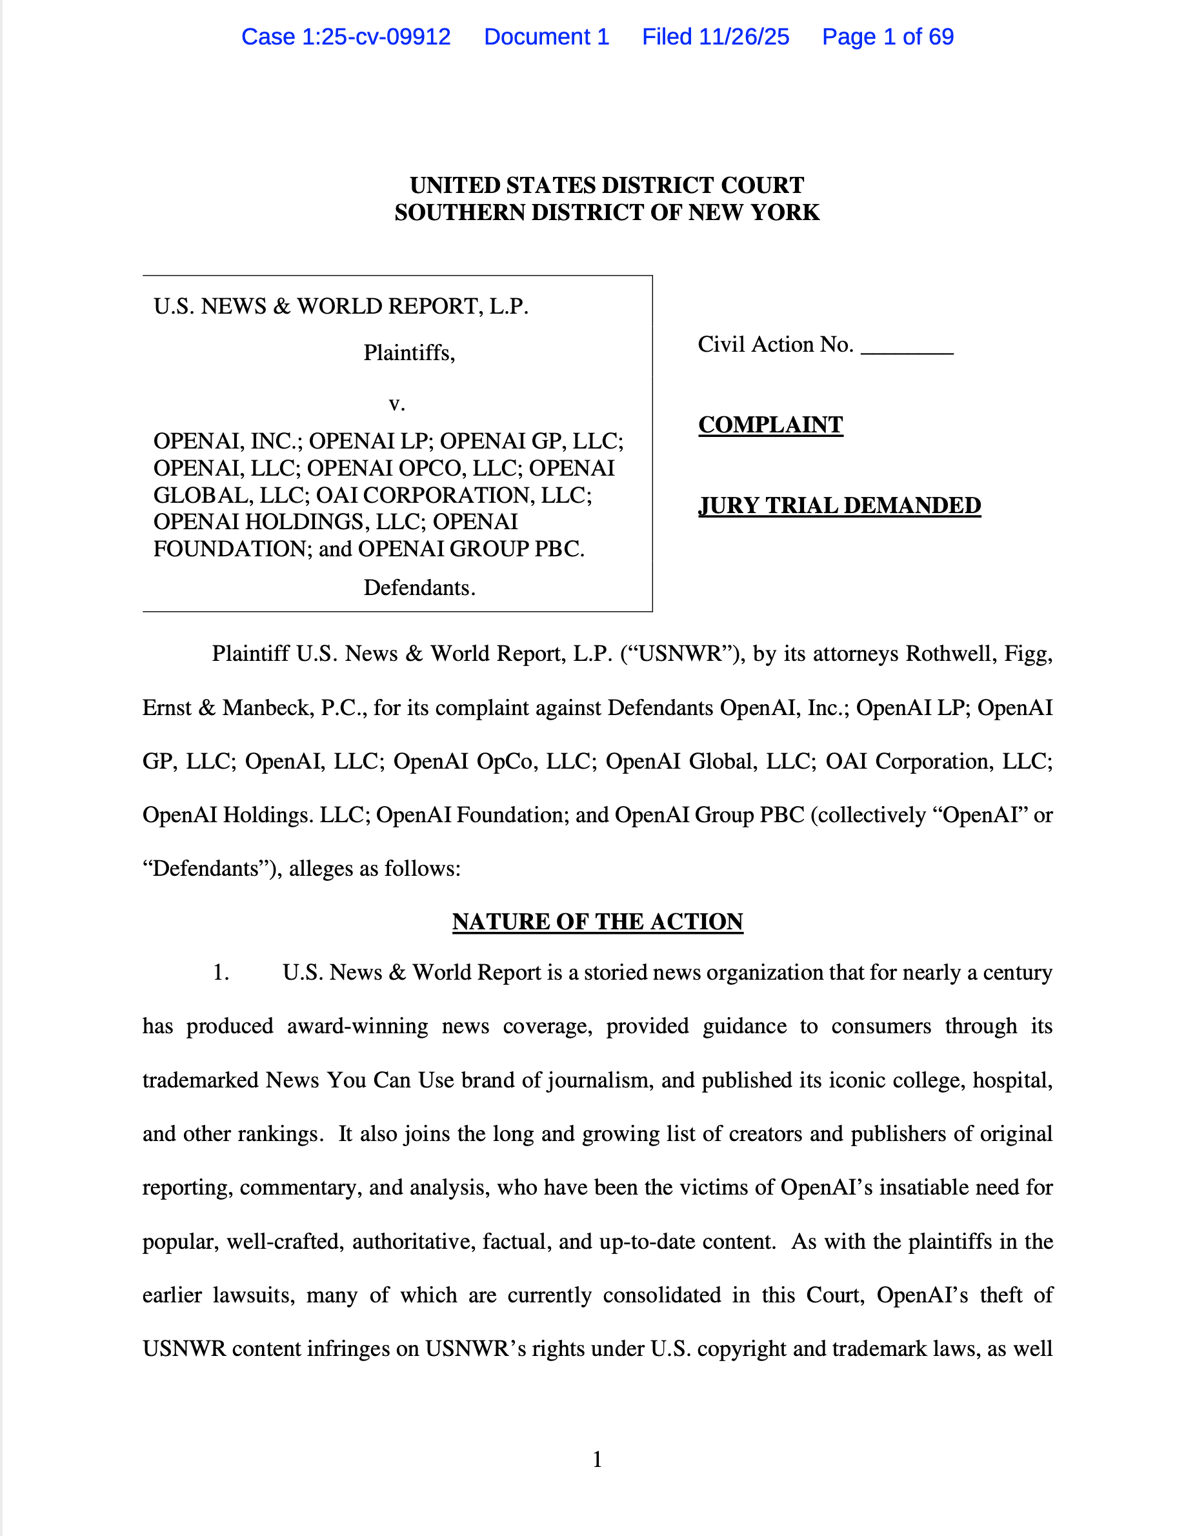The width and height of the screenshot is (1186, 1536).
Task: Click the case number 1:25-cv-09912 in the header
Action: coord(376,37)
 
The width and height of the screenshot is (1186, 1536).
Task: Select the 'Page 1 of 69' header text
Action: coord(887,37)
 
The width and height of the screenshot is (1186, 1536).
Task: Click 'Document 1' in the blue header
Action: coord(547,37)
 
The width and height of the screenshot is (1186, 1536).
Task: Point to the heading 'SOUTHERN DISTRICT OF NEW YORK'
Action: coord(607,212)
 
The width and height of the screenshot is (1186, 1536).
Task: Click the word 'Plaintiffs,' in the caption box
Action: coord(409,352)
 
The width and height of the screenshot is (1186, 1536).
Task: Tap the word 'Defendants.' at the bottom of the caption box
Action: coord(419,587)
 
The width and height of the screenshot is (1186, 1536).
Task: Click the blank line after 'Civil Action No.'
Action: coord(906,346)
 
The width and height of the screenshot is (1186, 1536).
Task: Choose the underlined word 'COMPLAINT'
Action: coord(770,425)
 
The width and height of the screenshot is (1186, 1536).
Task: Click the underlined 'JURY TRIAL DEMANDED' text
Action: coord(839,506)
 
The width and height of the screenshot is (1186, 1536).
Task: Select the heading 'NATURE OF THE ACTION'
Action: coord(598,922)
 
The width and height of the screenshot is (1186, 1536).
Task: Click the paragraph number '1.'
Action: coord(221,973)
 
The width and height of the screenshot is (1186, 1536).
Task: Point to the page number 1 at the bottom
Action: coord(597,1459)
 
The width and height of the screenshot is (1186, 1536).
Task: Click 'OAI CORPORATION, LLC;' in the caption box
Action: coord(454,495)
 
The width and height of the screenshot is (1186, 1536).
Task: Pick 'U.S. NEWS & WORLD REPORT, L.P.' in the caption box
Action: coord(341,307)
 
